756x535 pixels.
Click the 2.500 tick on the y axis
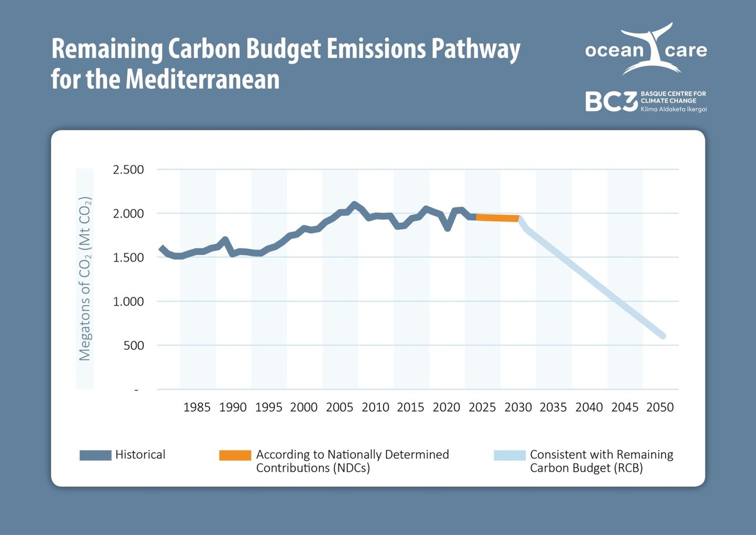click(129, 170)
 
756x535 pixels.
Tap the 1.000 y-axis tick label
click(129, 301)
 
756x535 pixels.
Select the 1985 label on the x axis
click(197, 407)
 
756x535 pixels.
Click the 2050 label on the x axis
click(661, 407)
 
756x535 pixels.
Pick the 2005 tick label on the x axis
click(340, 407)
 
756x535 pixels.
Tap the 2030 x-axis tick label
click(518, 407)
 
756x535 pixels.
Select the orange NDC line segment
click(498, 217)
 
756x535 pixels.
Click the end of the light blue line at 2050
click(662, 335)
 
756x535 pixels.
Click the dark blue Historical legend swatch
click(95, 455)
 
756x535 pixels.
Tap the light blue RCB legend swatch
click(508, 455)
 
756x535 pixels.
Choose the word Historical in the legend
click(140, 454)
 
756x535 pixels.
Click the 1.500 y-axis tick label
click(129, 257)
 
